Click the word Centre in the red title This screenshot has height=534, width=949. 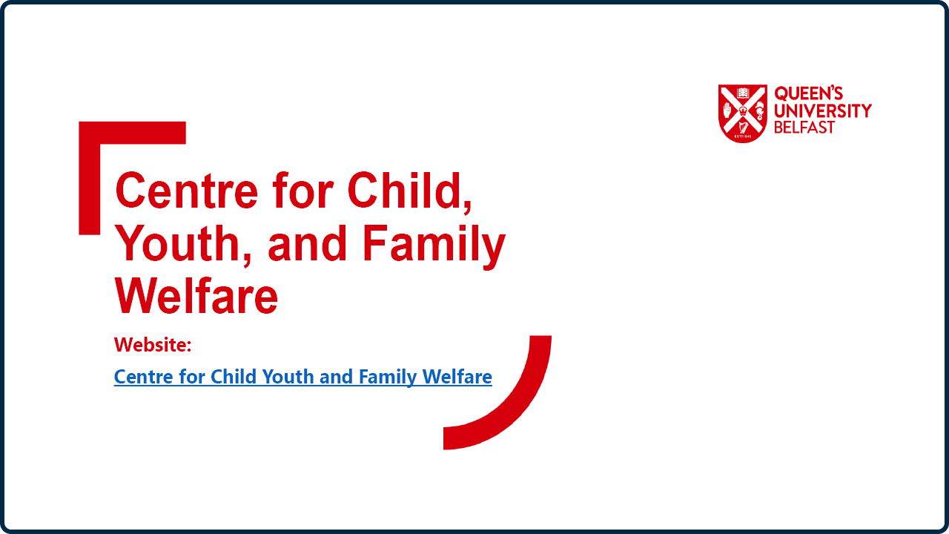pos(186,190)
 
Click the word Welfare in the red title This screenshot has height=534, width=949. pos(196,295)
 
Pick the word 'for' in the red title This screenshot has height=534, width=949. pos(303,190)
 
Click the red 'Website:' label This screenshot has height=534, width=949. pos(153,345)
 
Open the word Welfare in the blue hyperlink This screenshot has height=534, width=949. pos(457,376)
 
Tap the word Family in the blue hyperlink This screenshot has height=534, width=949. pos(388,378)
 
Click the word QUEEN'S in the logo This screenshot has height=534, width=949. pos(809,93)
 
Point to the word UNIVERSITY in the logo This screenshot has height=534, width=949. pos(823,111)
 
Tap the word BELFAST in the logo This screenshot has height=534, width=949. pos(804,127)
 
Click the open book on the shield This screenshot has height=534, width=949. pos(743,93)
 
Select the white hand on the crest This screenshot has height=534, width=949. pos(727,111)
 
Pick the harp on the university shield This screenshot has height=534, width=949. pos(743,127)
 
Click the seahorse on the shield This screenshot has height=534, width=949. pos(759,111)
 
